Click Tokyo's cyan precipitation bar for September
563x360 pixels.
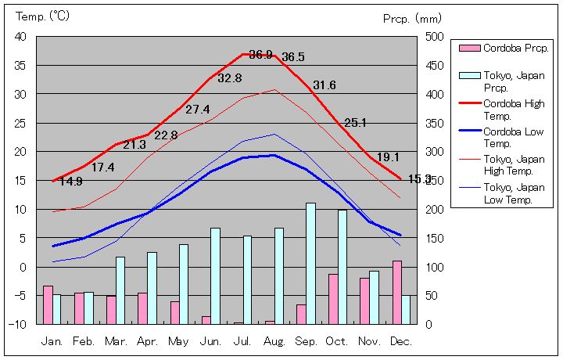coord(310,263)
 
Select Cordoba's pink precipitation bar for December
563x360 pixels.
coord(397,292)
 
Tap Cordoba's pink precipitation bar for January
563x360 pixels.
coord(48,304)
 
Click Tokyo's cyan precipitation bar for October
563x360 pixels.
coord(342,266)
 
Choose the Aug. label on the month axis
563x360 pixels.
coord(274,341)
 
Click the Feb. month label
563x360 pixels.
coord(84,341)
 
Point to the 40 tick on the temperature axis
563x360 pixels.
coord(20,37)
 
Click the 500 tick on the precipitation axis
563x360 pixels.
coord(436,37)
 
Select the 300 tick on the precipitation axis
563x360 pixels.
coord(436,152)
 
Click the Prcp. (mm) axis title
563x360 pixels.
coord(412,18)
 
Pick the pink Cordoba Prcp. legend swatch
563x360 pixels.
coord(469,49)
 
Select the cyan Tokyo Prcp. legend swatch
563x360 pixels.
coord(469,75)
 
